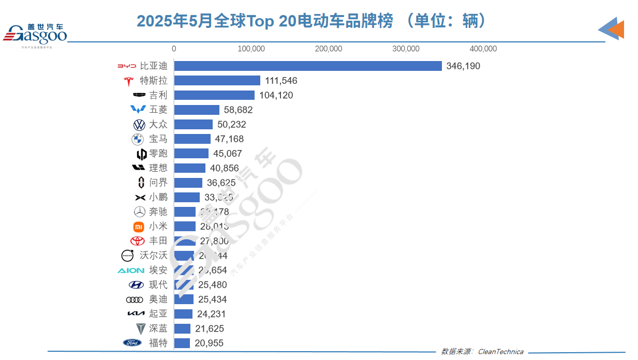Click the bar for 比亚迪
click(x=307, y=66)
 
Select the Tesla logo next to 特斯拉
click(x=129, y=81)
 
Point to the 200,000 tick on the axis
click(x=328, y=49)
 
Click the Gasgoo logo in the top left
click(x=35, y=34)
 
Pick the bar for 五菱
click(x=197, y=110)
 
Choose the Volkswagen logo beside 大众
click(x=139, y=125)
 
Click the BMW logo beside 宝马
click(x=137, y=139)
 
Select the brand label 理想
click(x=158, y=168)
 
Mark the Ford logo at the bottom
click(x=132, y=342)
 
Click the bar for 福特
click(x=182, y=343)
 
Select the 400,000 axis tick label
click(x=483, y=49)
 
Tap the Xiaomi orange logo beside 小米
click(x=138, y=226)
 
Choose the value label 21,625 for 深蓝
click(x=209, y=328)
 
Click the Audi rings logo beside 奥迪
click(x=134, y=299)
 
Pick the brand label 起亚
click(x=158, y=313)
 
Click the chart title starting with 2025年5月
click(x=312, y=21)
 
